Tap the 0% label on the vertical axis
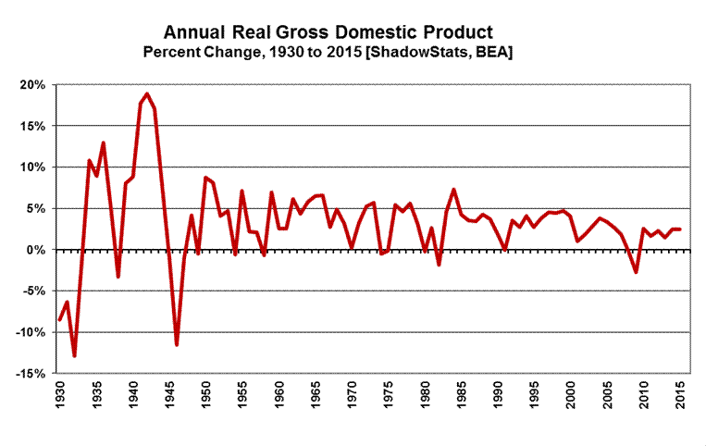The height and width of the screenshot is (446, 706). click(37, 250)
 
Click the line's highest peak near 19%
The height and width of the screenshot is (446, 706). click(147, 93)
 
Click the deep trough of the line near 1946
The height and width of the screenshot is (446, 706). click(176, 345)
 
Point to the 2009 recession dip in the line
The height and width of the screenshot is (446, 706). click(636, 272)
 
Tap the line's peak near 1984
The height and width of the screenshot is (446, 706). click(453, 190)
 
